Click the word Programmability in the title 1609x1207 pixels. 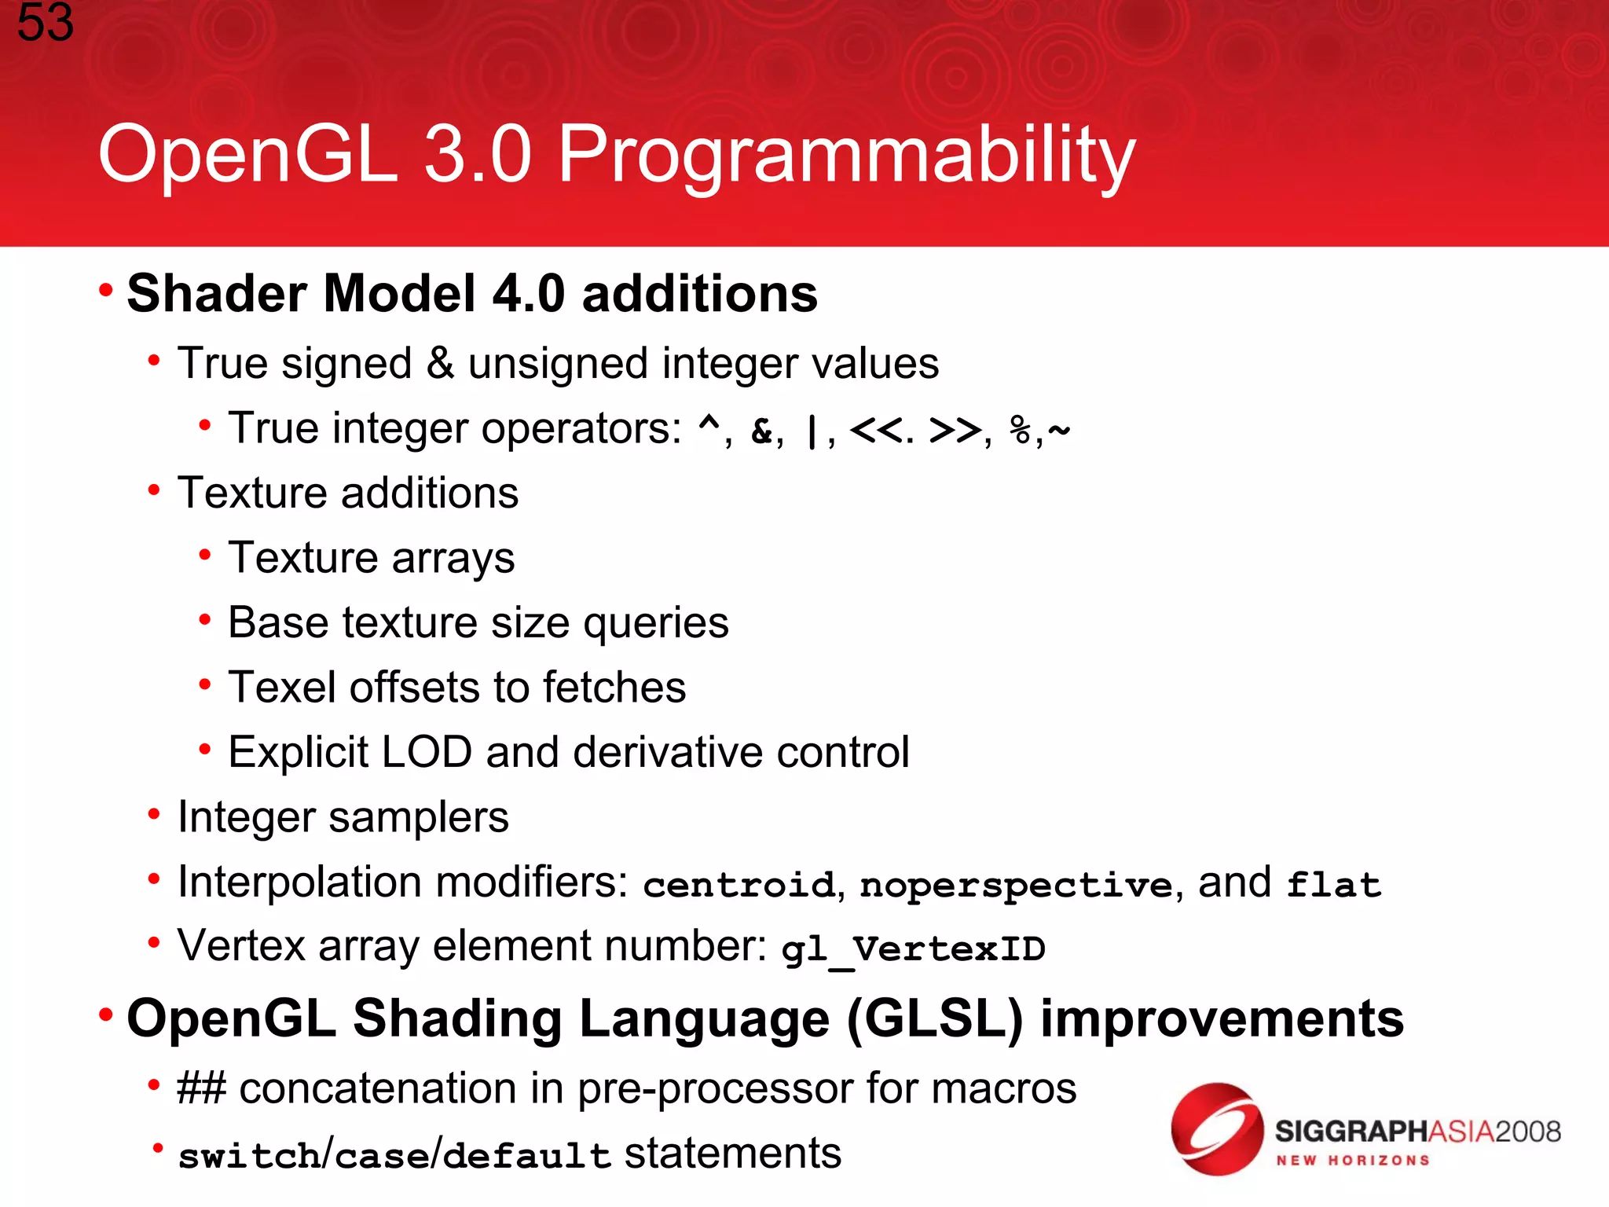846,156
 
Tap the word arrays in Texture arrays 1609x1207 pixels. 453,559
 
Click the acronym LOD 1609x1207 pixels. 427,753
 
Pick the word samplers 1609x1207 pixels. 418,818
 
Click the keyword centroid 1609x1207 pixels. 739,885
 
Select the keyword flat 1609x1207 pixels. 1333,885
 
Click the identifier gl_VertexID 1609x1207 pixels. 913,949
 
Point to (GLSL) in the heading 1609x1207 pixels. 935,1019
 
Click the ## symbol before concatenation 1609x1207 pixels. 201,1089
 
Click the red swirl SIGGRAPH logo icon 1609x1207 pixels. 1216,1128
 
